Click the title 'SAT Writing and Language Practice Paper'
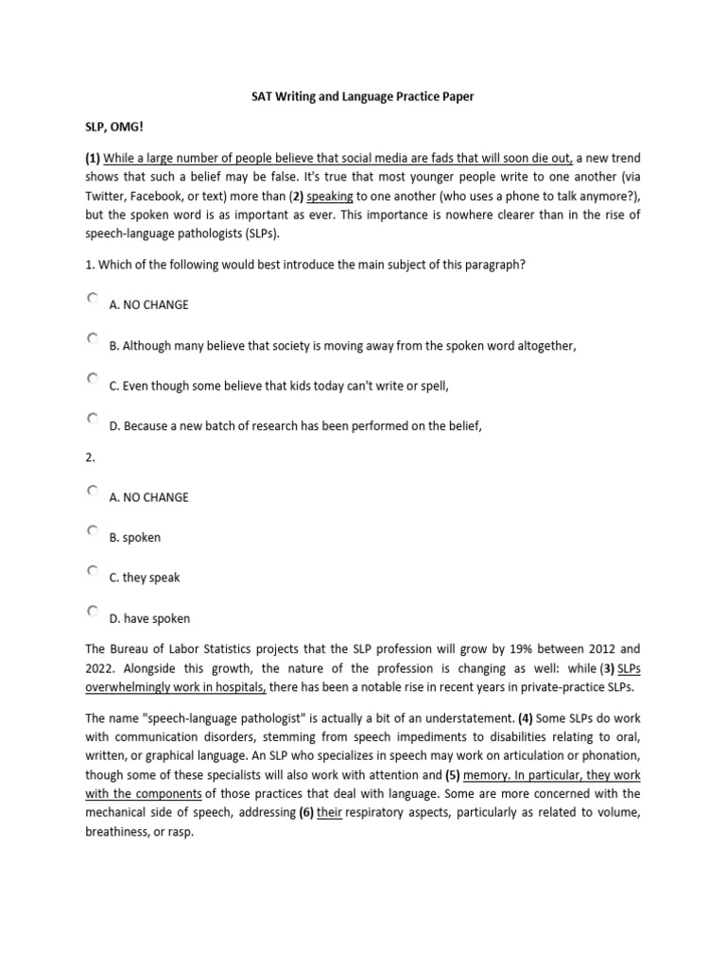coord(362,97)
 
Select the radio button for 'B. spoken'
coord(93,531)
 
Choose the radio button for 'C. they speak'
coord(93,572)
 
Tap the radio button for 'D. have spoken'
coord(93,612)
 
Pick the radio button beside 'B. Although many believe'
coord(93,338)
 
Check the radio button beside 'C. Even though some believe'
coord(93,379)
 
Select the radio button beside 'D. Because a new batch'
coord(93,419)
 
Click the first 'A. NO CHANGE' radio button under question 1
coord(93,299)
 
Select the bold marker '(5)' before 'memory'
coord(458,774)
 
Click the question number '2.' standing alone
coord(91,456)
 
